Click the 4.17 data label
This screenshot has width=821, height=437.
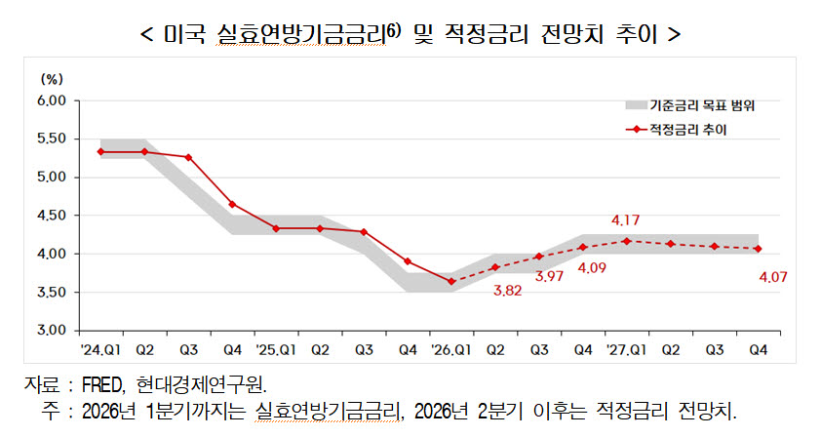tap(625, 220)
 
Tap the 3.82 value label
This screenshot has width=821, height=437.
tap(507, 291)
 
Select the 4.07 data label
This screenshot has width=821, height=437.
tap(773, 277)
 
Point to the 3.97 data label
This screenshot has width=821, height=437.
tap(549, 276)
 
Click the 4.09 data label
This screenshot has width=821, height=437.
tap(592, 268)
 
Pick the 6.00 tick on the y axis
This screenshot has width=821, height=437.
tap(52, 100)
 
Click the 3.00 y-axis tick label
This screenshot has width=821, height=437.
tap(52, 331)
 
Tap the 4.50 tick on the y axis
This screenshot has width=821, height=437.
tap(52, 216)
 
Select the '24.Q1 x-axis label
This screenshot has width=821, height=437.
tap(100, 349)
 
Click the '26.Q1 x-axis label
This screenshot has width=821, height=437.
tap(450, 349)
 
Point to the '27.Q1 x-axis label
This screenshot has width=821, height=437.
tap(626, 349)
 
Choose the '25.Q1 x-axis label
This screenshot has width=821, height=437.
tap(276, 349)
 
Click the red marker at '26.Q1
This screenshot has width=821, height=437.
tap(451, 281)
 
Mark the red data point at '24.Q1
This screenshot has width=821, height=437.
tap(100, 152)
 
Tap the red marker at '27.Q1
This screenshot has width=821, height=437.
tap(627, 241)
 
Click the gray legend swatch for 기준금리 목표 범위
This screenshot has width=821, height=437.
tap(636, 105)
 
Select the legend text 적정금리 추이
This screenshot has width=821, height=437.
tap(688, 130)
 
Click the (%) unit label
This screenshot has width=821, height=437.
tap(52, 79)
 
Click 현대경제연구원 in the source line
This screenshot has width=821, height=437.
tap(201, 385)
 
